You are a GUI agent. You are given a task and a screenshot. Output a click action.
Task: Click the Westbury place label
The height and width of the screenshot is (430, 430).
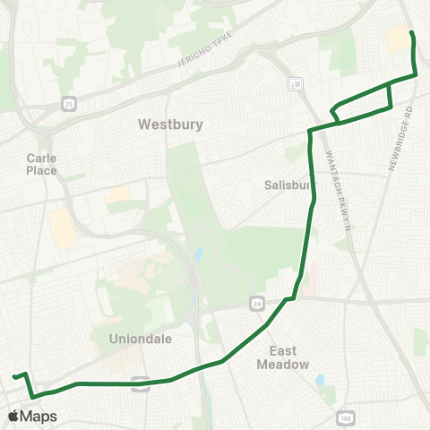(x=171, y=125)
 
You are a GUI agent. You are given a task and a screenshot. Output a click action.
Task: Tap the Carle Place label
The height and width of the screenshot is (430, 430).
(x=41, y=164)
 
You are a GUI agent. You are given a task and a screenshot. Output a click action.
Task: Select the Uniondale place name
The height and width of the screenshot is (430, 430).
(x=134, y=340)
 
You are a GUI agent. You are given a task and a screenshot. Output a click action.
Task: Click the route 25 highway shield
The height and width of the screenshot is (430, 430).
(x=70, y=104)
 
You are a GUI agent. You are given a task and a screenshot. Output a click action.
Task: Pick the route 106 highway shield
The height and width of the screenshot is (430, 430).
(x=347, y=418)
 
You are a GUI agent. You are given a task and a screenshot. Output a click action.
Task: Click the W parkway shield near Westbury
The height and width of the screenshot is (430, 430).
(x=297, y=83)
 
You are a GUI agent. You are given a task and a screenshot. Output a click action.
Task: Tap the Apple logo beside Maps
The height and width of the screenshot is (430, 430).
(x=13, y=417)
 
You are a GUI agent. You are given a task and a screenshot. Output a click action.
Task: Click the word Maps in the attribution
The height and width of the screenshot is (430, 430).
(x=39, y=417)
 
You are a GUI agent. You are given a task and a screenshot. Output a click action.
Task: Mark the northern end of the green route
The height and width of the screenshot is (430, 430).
(x=411, y=33)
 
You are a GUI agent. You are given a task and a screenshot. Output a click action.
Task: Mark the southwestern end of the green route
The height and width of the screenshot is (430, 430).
(x=14, y=377)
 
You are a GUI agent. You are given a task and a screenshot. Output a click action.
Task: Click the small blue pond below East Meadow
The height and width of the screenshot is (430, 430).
(x=320, y=381)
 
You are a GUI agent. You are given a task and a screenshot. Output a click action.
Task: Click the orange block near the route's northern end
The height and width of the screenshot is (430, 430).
(x=395, y=39)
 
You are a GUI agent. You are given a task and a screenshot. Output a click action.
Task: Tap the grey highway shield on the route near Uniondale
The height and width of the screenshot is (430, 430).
(x=141, y=383)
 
